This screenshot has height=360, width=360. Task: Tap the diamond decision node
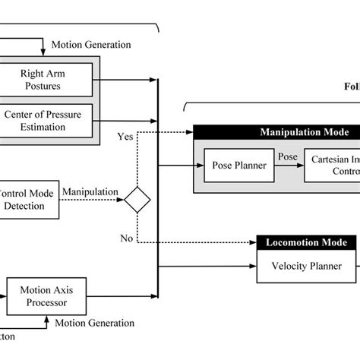(x=137, y=200)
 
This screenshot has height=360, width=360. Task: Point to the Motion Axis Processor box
(x=48, y=295)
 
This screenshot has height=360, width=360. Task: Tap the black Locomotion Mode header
(x=306, y=243)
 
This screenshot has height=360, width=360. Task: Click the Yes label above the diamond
(x=126, y=137)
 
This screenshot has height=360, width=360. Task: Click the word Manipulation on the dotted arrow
(x=90, y=193)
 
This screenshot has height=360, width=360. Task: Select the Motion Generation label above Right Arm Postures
(x=90, y=44)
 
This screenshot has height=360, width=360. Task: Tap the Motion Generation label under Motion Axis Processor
(x=94, y=323)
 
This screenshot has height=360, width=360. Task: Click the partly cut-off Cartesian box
(x=332, y=165)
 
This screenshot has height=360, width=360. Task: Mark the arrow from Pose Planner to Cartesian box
(x=289, y=165)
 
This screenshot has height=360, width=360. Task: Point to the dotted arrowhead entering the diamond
(x=121, y=200)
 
